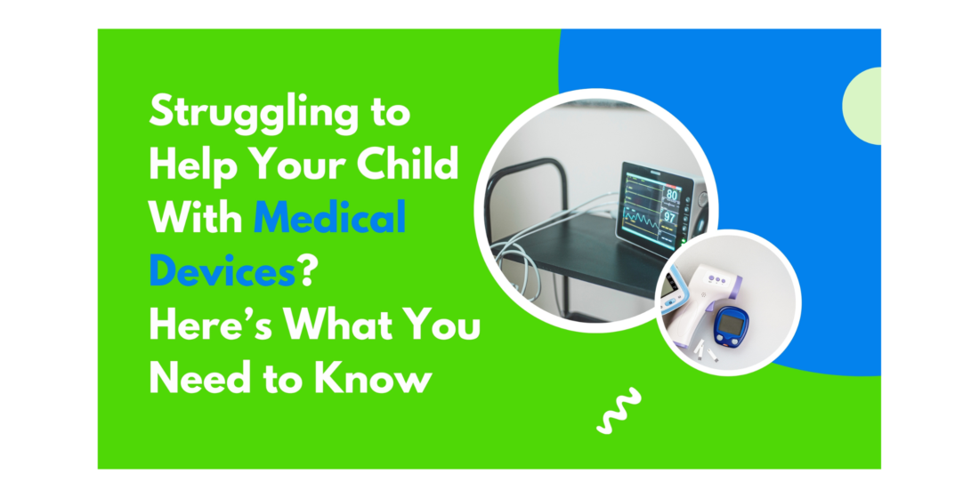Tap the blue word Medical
point(329,219)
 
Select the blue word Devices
point(222,271)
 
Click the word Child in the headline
point(408,165)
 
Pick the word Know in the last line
point(373,378)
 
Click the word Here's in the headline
point(210,325)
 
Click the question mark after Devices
point(306,271)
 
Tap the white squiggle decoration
point(619,410)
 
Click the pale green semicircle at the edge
point(862,106)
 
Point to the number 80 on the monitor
point(671,194)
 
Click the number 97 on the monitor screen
point(669,217)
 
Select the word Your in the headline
point(297,165)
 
